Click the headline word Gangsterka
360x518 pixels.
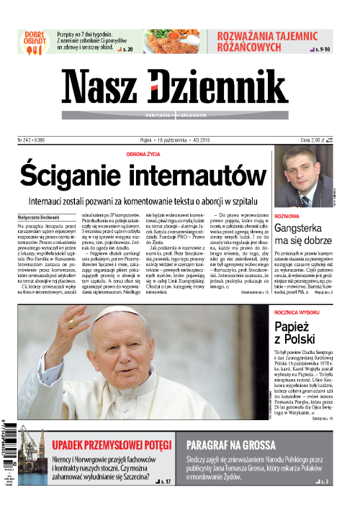305,229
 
